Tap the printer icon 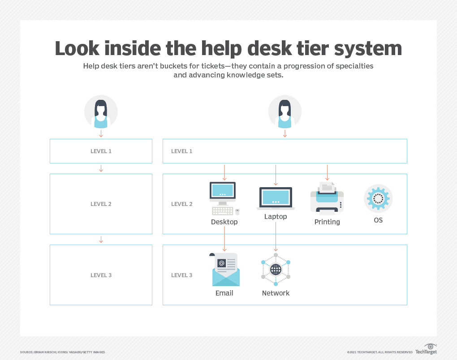point(327,197)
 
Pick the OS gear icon point(378,198)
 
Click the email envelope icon point(225,270)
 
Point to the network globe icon point(276,270)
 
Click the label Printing point(327,222)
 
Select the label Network point(276,293)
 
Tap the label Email point(224,293)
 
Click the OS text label point(378,220)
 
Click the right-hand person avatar point(285,112)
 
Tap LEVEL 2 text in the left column point(101,204)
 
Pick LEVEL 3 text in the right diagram point(181,275)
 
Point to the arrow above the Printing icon point(327,172)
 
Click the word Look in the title point(79,49)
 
